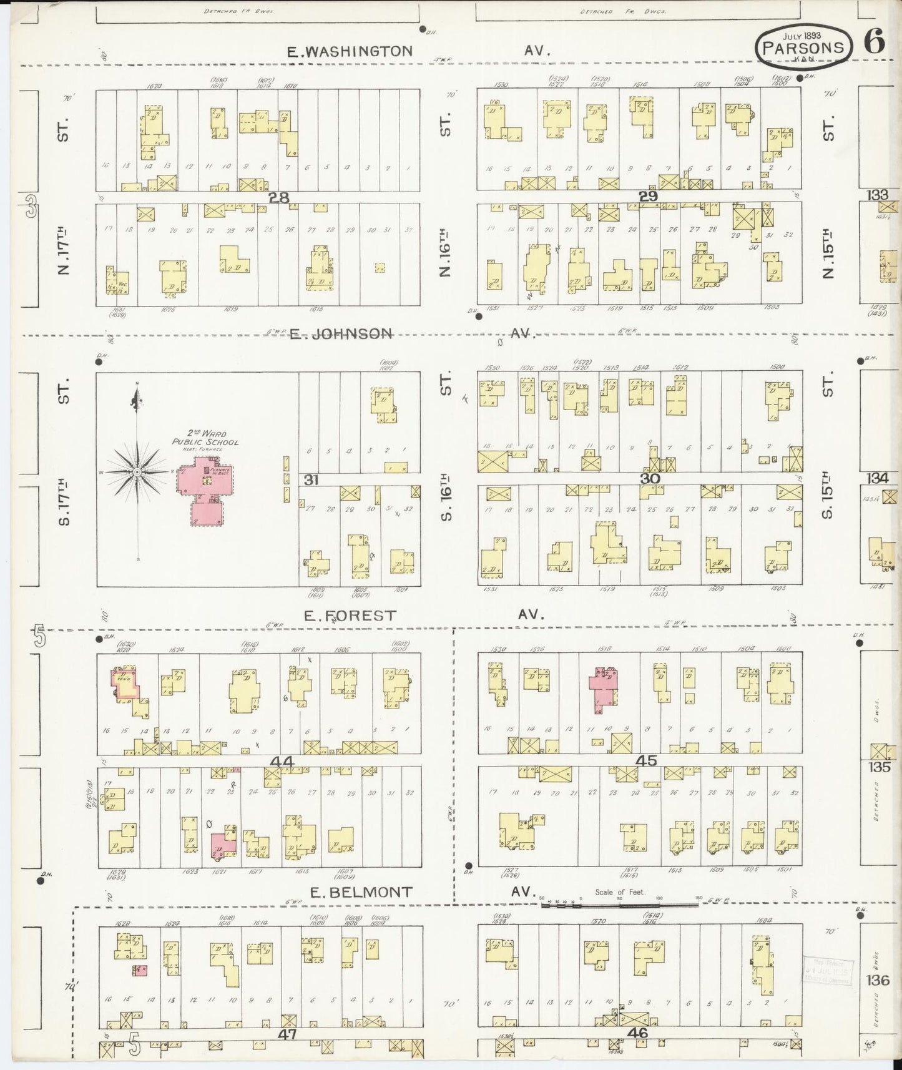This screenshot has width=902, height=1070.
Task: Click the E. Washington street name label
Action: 350,51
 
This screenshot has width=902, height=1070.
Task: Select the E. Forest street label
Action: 350,616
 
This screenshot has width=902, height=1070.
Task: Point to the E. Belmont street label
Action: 361,893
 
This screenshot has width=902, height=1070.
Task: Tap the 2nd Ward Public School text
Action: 206,438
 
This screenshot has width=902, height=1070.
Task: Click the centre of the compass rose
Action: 137,473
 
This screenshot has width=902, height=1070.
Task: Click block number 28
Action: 279,198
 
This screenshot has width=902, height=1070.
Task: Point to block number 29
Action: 648,196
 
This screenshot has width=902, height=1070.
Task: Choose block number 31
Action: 311,479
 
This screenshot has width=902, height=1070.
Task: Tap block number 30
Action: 650,478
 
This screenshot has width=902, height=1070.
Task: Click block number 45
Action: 646,762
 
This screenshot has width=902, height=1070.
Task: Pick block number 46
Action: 638,1033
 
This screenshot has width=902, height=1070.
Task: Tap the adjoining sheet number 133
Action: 877,195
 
